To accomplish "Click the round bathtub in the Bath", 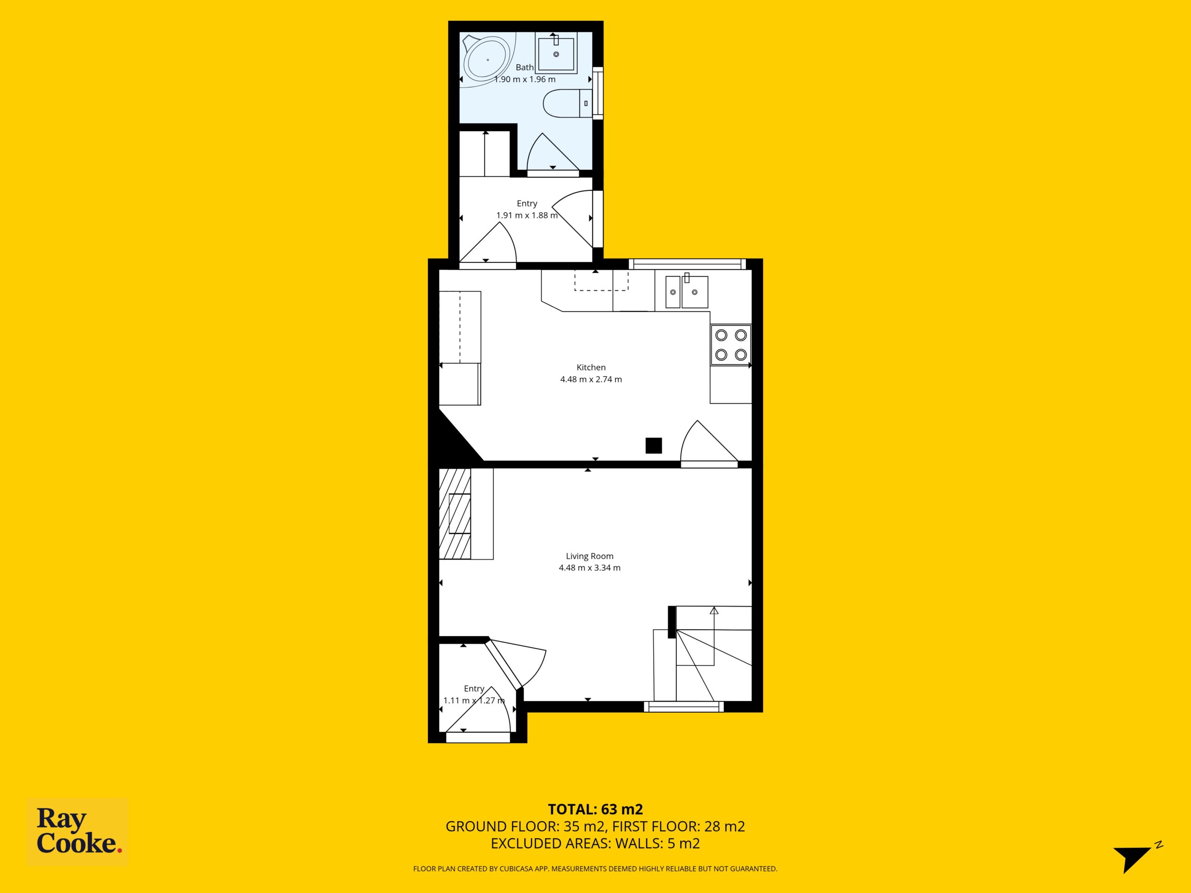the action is (488, 59).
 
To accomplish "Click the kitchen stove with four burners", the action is (730, 345).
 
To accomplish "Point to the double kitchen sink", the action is (687, 292).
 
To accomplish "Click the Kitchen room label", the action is (591, 367).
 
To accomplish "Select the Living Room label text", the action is (589, 556).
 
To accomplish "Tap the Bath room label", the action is (524, 67).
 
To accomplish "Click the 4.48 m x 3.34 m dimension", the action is (589, 568).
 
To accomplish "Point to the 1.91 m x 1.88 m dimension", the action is (527, 215).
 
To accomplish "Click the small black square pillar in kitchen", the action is (654, 446).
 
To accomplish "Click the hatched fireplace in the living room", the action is (455, 513).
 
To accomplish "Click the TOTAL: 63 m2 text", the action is (595, 809).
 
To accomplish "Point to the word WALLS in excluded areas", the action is (638, 844).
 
